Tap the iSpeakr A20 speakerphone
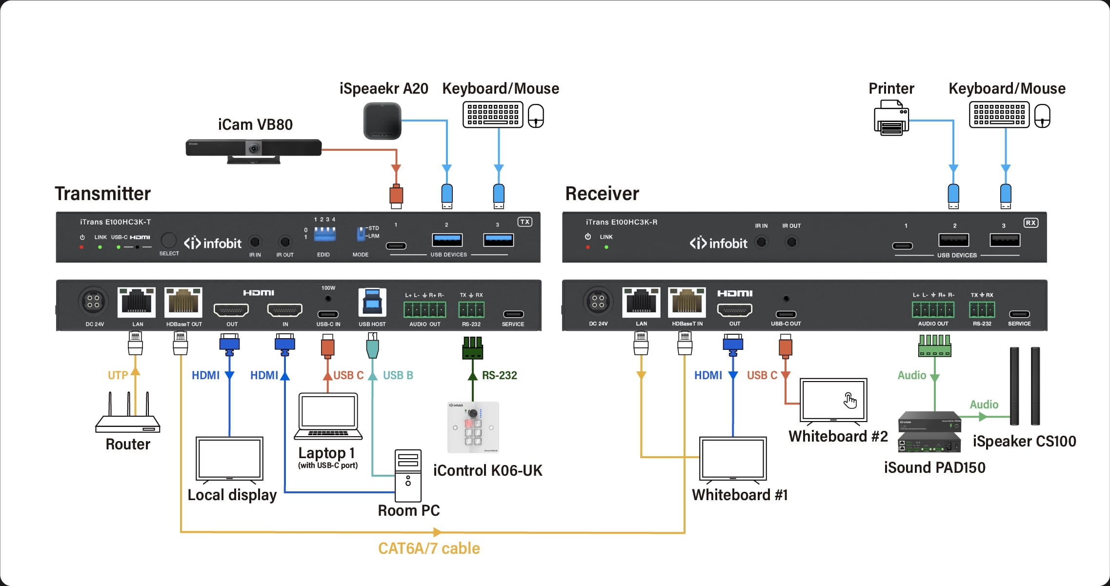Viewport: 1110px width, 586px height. [x=382, y=121]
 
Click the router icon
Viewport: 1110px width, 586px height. [x=128, y=419]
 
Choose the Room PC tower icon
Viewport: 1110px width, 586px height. [x=408, y=476]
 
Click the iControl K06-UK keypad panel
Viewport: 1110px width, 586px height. [x=473, y=427]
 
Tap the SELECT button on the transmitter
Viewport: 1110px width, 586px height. [x=168, y=241]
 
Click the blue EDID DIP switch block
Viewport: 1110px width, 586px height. [x=324, y=234]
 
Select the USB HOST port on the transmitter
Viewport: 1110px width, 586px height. [x=372, y=303]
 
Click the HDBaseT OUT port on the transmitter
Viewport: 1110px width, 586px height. [x=183, y=303]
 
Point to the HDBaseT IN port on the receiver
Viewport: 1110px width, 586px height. [x=687, y=303]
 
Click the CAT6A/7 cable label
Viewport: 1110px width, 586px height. [x=429, y=548]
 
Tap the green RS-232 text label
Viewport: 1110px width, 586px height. [x=499, y=375]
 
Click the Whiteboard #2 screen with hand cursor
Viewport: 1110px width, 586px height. [x=833, y=400]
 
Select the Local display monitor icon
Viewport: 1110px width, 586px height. [x=229, y=459]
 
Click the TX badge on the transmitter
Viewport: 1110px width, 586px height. [x=525, y=222]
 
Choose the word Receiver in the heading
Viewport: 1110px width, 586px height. [x=602, y=194]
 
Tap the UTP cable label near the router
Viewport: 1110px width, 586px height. [x=118, y=375]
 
